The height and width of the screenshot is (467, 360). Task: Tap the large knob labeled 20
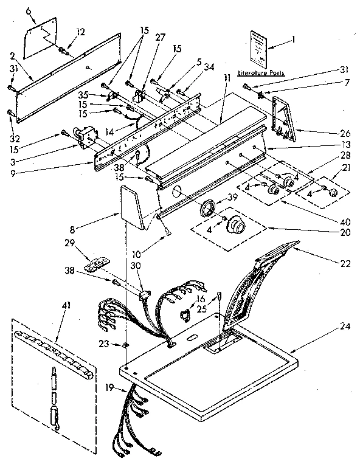pyautogui.click(x=236, y=228)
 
